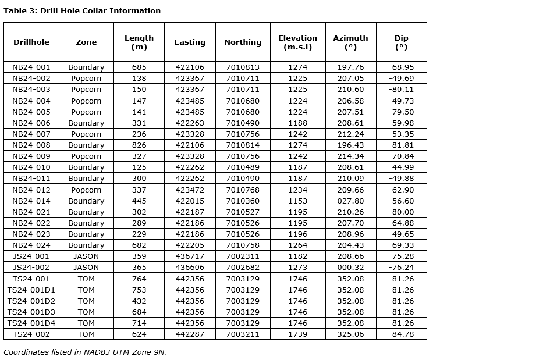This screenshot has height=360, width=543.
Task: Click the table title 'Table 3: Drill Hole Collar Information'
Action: [x=82, y=10]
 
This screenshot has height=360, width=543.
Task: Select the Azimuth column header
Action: [x=350, y=42]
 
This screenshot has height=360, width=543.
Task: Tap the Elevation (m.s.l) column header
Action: [x=297, y=42]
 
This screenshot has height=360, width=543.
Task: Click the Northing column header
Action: [x=243, y=42]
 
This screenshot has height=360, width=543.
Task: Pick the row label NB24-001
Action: [x=31, y=67]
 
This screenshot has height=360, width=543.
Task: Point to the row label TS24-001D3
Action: [x=31, y=312]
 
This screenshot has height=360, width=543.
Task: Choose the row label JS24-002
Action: [x=31, y=268]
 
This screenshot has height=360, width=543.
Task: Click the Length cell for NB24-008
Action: [x=139, y=145]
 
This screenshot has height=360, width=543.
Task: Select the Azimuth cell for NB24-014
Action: [x=350, y=201]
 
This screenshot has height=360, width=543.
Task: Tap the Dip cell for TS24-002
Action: [x=401, y=334]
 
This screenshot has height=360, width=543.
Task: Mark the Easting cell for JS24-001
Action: [x=190, y=256]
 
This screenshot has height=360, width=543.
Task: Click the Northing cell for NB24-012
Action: [x=243, y=190]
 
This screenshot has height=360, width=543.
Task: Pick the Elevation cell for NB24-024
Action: [x=297, y=245]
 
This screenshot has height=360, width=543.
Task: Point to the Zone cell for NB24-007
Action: [x=86, y=134]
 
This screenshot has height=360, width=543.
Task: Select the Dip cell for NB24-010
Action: [x=401, y=167]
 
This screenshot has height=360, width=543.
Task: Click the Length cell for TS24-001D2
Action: [x=139, y=301]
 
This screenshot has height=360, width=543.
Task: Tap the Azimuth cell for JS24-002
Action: [x=350, y=268]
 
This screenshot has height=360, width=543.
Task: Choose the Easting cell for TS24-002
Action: [x=190, y=334]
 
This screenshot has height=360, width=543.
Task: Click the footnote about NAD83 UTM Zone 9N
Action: [x=85, y=352]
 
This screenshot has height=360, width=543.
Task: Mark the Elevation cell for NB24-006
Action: [x=297, y=123]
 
